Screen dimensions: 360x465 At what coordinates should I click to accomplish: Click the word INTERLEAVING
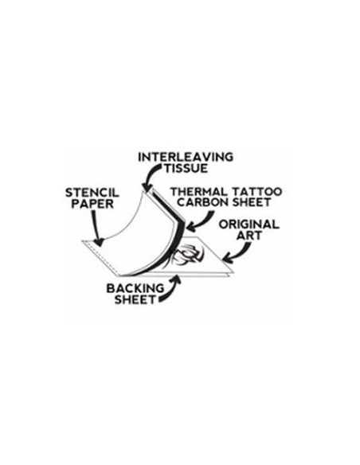click(x=186, y=157)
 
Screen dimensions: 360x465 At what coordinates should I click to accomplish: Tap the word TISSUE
click(x=186, y=169)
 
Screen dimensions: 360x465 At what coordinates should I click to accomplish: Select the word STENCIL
click(x=92, y=193)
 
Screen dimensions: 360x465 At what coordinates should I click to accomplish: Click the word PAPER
click(x=92, y=204)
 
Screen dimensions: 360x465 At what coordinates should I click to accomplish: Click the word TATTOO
click(x=256, y=192)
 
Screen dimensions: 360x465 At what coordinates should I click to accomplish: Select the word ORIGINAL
click(x=249, y=225)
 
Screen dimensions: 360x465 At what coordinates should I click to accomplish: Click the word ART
click(x=249, y=236)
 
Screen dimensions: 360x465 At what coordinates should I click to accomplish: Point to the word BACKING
click(x=135, y=288)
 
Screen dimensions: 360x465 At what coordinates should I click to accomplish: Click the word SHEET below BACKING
click(x=135, y=299)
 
